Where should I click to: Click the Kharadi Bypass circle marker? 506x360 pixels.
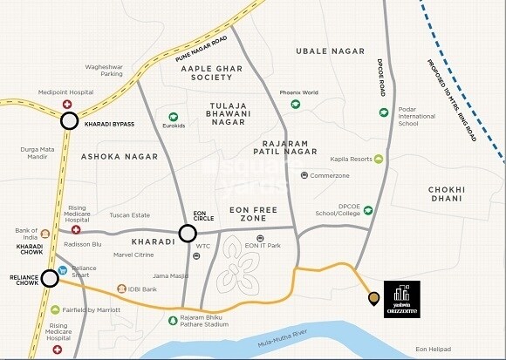[x=69, y=121]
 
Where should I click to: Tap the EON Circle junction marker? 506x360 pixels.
[x=187, y=233]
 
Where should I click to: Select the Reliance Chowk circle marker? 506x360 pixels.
[x=50, y=278]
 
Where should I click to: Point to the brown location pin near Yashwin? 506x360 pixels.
[x=373, y=299]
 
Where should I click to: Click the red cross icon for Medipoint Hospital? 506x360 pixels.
[x=66, y=105]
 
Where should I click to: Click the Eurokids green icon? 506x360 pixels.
[x=173, y=116]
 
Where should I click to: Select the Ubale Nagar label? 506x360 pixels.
[x=329, y=51]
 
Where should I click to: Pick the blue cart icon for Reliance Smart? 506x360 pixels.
[x=63, y=269]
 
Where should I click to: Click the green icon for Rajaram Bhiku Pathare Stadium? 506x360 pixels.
[x=173, y=321]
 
